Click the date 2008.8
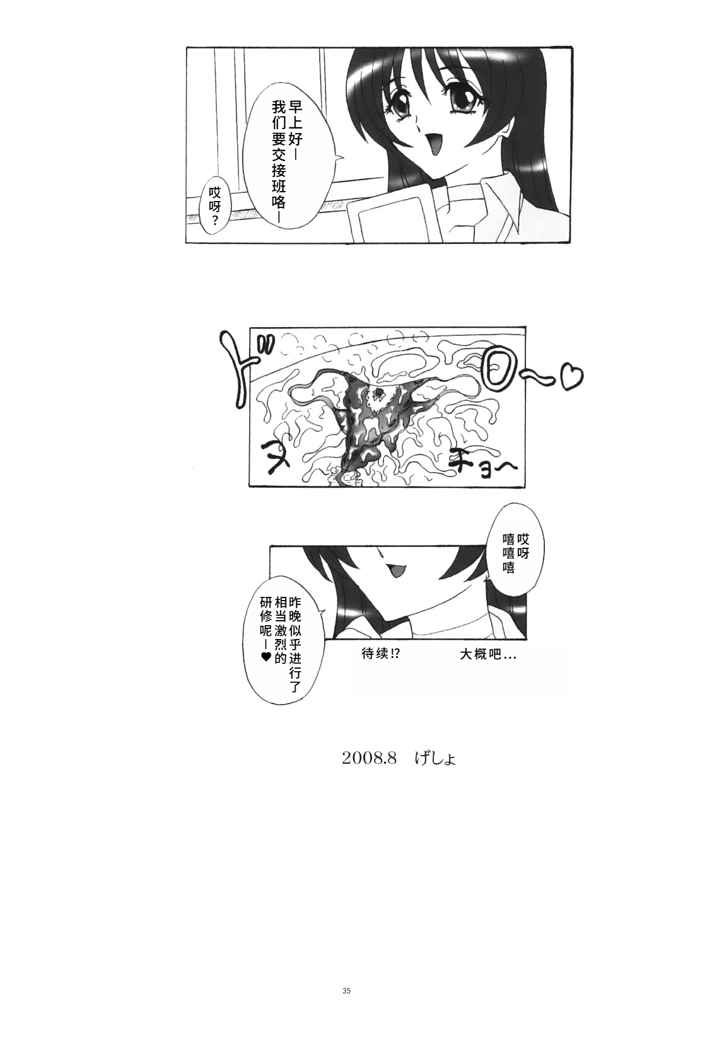pos(370,759)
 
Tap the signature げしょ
pos(434,759)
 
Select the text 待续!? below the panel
pos(380,654)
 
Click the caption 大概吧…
pos(488,654)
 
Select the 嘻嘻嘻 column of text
pos(510,554)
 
